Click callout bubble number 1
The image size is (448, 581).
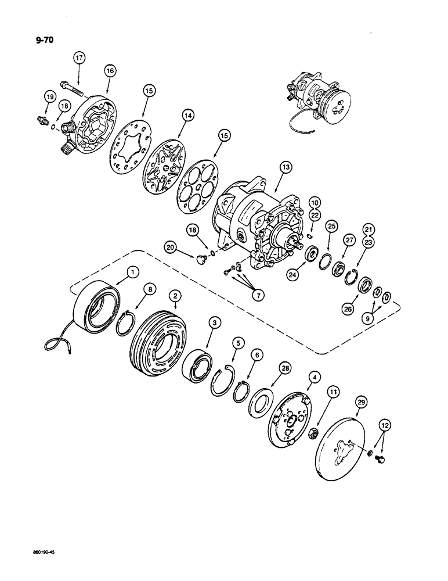pyautogui.click(x=134, y=271)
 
